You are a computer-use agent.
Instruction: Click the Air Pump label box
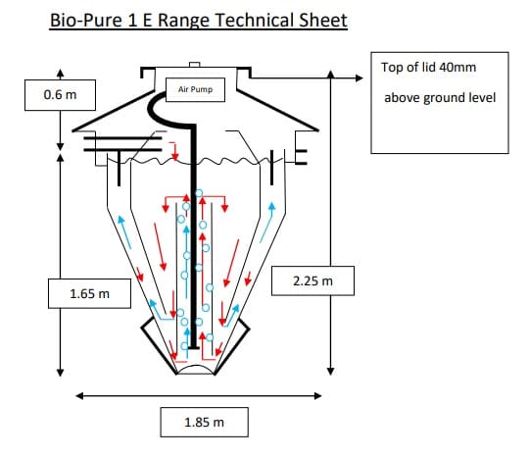195,89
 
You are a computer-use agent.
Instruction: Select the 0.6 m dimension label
60,95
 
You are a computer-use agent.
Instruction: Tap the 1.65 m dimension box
89,293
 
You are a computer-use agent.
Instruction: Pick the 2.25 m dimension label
313,280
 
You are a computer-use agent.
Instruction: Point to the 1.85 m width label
204,422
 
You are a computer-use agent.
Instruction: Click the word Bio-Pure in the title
86,21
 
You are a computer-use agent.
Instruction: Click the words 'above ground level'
440,98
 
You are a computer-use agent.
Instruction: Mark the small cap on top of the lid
195,65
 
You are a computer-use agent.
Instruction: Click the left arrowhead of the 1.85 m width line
79,396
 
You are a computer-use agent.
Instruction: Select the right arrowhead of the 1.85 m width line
317,396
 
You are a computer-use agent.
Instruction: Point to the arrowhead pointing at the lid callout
359,78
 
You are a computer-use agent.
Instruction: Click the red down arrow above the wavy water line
173,151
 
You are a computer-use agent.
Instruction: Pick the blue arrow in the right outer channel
267,222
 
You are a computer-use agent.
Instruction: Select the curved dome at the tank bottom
196,368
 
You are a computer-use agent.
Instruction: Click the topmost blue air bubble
199,193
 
